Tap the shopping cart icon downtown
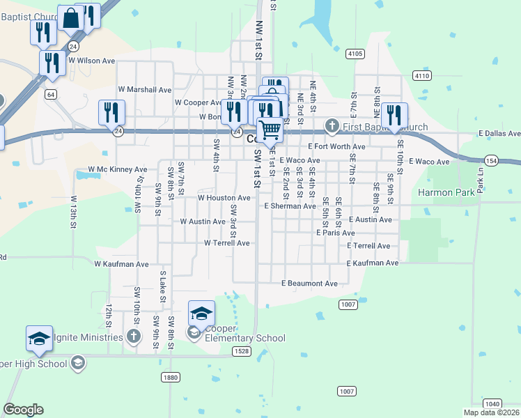270,129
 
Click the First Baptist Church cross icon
332,127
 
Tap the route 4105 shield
355,54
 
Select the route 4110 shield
421,75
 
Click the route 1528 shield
241,351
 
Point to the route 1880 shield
171,377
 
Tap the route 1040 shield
492,403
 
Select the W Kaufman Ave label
122,265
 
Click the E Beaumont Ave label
309,284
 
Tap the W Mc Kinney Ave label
117,169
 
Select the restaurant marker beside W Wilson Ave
52,63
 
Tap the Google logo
23,410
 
